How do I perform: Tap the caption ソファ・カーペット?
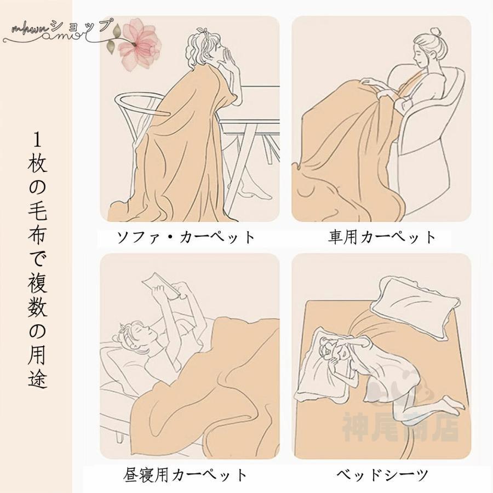(x=186, y=237)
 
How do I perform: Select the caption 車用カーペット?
(x=382, y=237)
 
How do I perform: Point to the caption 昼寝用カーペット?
(x=185, y=475)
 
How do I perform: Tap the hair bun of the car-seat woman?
(x=435, y=33)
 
